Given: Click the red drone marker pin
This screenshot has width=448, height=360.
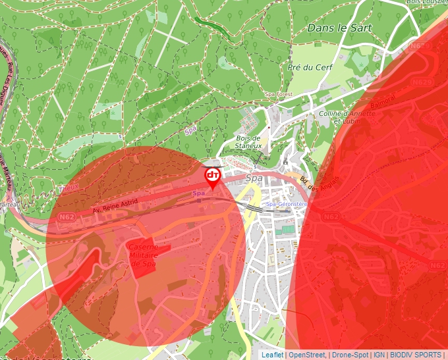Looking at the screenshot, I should (x=213, y=176).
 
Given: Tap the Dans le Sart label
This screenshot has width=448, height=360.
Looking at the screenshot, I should (x=339, y=28).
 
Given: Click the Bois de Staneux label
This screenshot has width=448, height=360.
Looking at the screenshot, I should (x=249, y=141).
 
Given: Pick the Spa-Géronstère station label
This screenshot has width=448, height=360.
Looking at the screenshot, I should (x=287, y=205).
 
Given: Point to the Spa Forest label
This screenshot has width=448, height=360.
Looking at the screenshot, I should (x=278, y=95).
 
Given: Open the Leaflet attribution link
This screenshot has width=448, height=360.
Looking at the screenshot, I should (x=273, y=355).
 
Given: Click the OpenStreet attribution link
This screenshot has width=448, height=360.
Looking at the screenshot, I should (x=307, y=355).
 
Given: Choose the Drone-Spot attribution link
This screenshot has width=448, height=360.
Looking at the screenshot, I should (x=350, y=355).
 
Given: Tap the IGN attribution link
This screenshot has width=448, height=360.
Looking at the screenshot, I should (x=379, y=355).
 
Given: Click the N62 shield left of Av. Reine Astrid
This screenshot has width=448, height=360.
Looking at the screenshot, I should (x=67, y=217).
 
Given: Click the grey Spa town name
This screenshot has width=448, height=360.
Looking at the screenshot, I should (x=253, y=178).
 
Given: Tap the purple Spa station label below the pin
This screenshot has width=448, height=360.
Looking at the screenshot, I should (x=198, y=193).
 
